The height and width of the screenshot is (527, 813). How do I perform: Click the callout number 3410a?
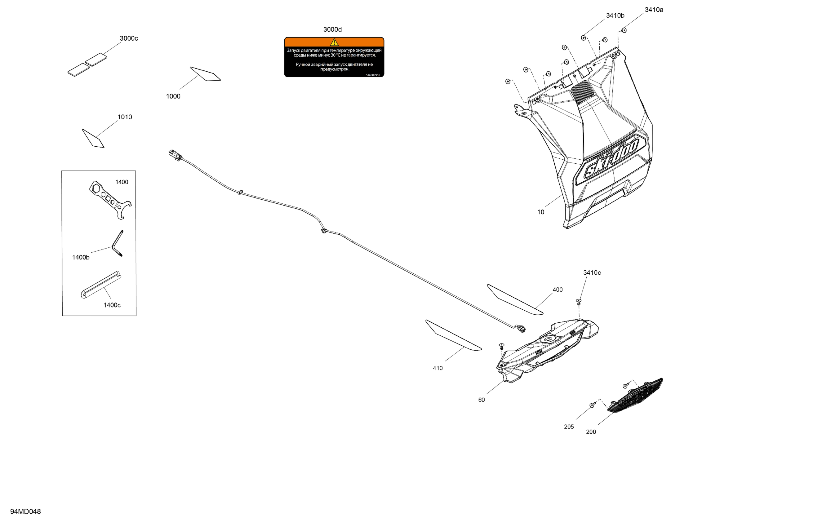point(654,10)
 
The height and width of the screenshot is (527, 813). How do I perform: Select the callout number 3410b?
point(615,15)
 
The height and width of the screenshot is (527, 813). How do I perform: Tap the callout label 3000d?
point(332,30)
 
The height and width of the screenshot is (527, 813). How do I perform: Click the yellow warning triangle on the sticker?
point(334,42)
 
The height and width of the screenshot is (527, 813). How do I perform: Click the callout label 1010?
point(125,117)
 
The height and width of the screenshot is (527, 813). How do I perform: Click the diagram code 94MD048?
point(25,511)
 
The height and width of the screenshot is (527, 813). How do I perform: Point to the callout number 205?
point(569,427)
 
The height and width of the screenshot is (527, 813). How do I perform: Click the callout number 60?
point(481,400)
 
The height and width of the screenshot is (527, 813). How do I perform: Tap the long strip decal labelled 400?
point(514,299)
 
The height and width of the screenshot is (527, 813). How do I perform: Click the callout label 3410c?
point(592,272)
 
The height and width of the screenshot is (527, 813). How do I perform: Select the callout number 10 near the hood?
point(540,212)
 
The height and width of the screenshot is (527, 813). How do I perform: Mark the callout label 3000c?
point(129,38)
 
